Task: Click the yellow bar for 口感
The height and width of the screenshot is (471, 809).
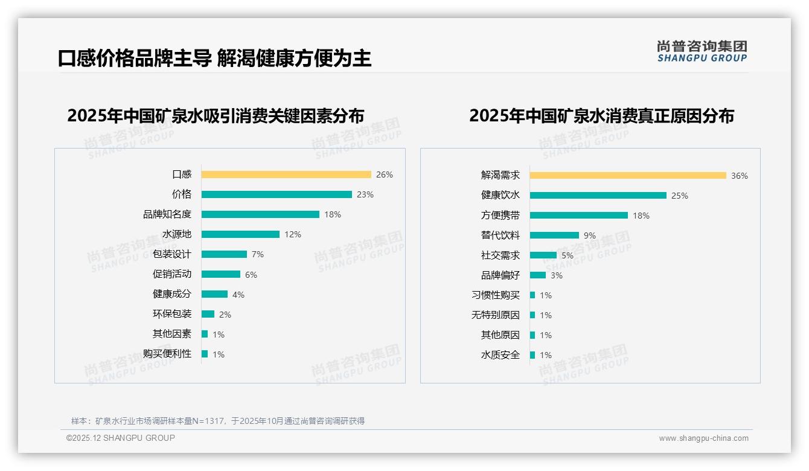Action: point(286,175)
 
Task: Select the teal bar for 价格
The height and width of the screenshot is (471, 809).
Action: point(277,194)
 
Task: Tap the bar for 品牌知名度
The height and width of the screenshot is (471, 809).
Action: point(260,214)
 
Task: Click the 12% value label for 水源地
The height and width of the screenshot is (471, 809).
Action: point(293,234)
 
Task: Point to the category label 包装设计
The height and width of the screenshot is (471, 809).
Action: point(172,254)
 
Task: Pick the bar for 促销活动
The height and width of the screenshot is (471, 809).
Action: point(221,274)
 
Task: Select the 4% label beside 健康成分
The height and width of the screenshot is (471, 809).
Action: point(238,295)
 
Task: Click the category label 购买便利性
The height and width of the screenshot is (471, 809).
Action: point(167,354)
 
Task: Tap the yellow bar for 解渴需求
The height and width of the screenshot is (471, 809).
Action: point(628,176)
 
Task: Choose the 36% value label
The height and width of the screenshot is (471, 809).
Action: point(740,176)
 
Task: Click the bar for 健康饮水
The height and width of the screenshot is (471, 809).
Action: point(598,196)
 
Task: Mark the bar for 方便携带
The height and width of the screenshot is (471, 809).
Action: point(579,216)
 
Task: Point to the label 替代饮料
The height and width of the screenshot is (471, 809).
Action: point(500,235)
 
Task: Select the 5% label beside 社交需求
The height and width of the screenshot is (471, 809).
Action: point(568,255)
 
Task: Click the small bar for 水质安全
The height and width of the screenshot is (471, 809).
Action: point(532,355)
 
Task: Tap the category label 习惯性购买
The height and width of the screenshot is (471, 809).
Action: point(496,295)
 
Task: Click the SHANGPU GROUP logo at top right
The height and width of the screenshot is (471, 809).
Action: point(702,51)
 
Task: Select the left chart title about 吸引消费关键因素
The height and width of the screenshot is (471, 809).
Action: point(216,116)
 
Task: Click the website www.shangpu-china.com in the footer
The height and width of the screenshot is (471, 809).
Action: point(703,438)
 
